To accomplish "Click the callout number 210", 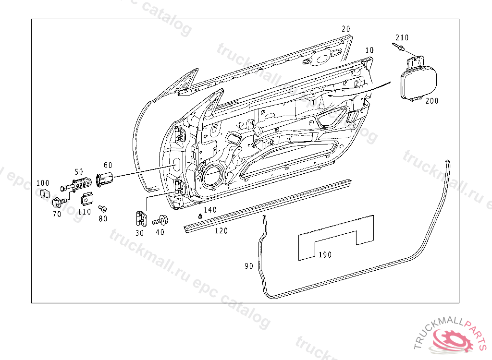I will click(x=402, y=37).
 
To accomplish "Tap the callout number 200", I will click(x=432, y=101).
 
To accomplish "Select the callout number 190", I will click(x=325, y=255).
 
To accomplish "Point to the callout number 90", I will click(x=248, y=265).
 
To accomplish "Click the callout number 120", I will click(x=221, y=231).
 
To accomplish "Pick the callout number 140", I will click(x=210, y=210).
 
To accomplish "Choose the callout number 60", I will click(x=108, y=165).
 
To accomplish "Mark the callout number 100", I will click(x=43, y=183).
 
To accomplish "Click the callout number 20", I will click(x=346, y=29).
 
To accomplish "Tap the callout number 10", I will click(x=369, y=50).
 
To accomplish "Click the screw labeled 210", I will click(x=398, y=47).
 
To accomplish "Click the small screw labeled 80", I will click(x=102, y=208).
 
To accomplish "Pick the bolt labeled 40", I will click(x=160, y=221).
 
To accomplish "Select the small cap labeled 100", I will click(x=43, y=193).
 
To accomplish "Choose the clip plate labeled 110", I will click(x=87, y=198).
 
